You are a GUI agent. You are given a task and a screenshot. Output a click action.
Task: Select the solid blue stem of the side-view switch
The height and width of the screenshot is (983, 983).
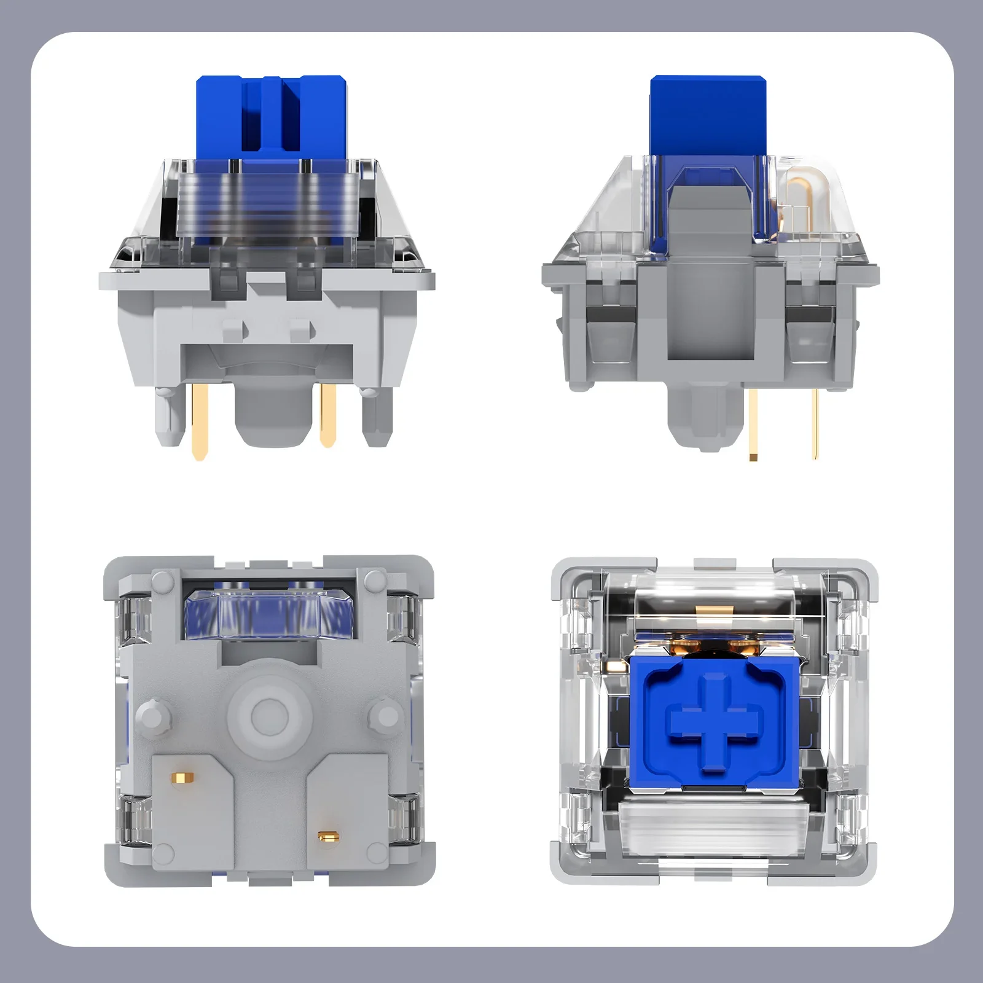pos(707,114)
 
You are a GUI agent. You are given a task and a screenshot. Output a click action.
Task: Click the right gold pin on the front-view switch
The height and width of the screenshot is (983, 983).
pos(329,415)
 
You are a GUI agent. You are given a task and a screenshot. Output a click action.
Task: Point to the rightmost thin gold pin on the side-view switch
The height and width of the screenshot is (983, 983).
pos(815,424)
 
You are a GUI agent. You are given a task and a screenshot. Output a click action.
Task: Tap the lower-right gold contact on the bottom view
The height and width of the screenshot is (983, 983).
pos(329,835)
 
